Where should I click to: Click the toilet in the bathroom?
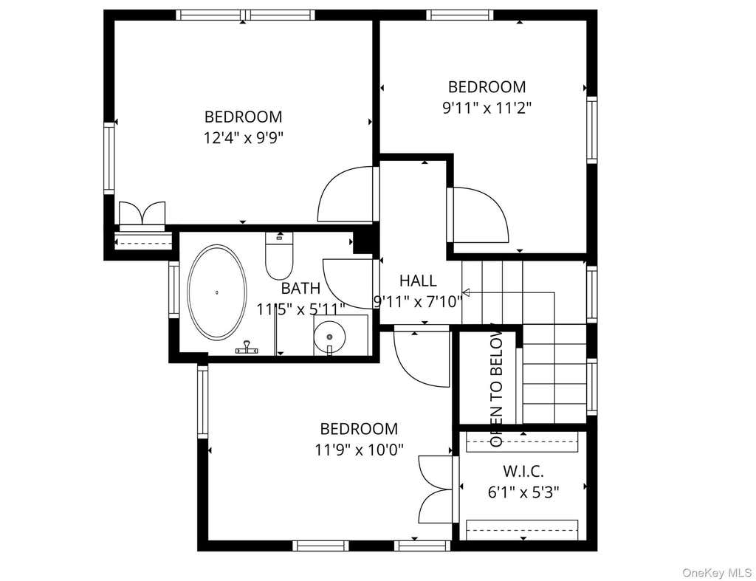(x=278, y=255)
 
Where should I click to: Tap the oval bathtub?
(x=217, y=292)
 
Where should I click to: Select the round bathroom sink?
(x=330, y=337)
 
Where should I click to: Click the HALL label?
(x=418, y=281)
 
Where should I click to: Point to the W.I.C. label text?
(x=523, y=470)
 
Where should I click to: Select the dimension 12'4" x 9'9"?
(x=243, y=138)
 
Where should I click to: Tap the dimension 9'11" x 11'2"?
(x=487, y=108)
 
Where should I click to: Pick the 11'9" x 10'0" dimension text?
(x=360, y=450)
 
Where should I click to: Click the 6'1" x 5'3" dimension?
(x=523, y=492)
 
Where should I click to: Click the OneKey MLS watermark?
(x=716, y=572)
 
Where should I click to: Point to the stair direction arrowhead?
(x=466, y=292)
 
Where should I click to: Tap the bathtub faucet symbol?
(x=247, y=348)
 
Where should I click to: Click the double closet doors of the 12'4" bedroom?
(x=142, y=213)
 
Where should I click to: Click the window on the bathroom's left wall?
(x=173, y=289)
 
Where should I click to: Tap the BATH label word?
(x=300, y=289)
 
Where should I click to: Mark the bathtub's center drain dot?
(x=217, y=292)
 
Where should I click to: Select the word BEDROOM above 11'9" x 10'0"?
(x=360, y=429)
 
